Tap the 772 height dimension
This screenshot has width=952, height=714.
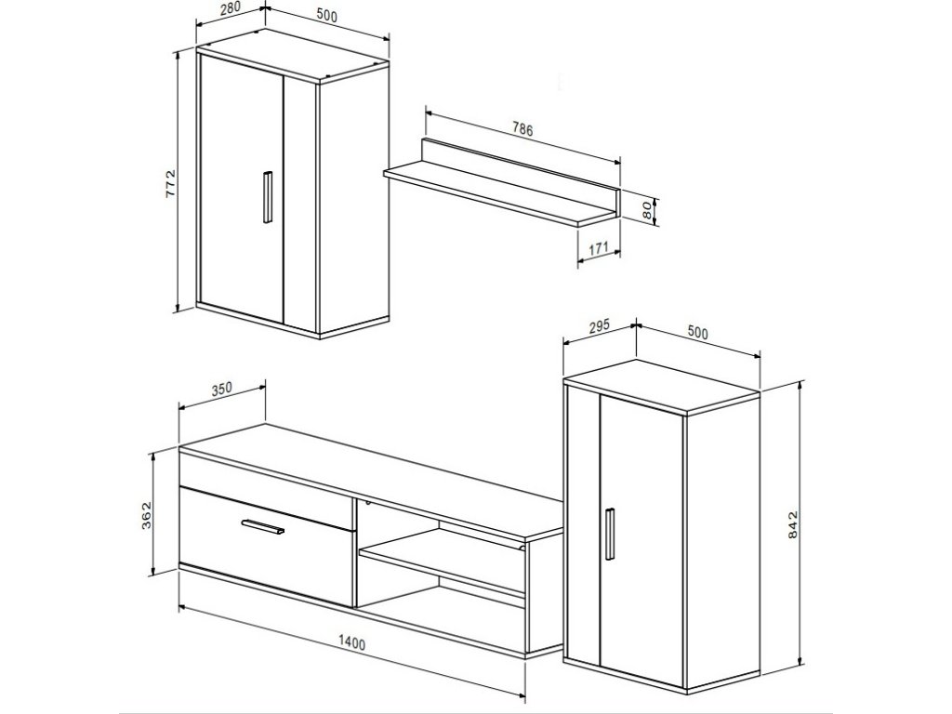click(x=170, y=183)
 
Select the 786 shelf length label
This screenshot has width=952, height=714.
click(x=522, y=129)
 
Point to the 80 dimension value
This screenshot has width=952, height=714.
click(x=647, y=211)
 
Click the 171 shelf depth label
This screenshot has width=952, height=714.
click(x=599, y=247)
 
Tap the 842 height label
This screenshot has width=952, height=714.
click(x=792, y=524)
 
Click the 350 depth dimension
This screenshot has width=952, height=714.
click(x=221, y=388)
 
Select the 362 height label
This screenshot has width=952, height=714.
click(x=146, y=515)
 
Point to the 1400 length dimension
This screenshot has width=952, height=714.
click(x=351, y=642)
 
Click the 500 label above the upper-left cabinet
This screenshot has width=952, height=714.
click(x=326, y=17)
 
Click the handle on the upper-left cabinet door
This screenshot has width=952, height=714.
click(x=268, y=197)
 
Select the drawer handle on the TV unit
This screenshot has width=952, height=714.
click(x=262, y=527)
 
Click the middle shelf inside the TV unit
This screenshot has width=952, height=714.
click(x=442, y=561)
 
